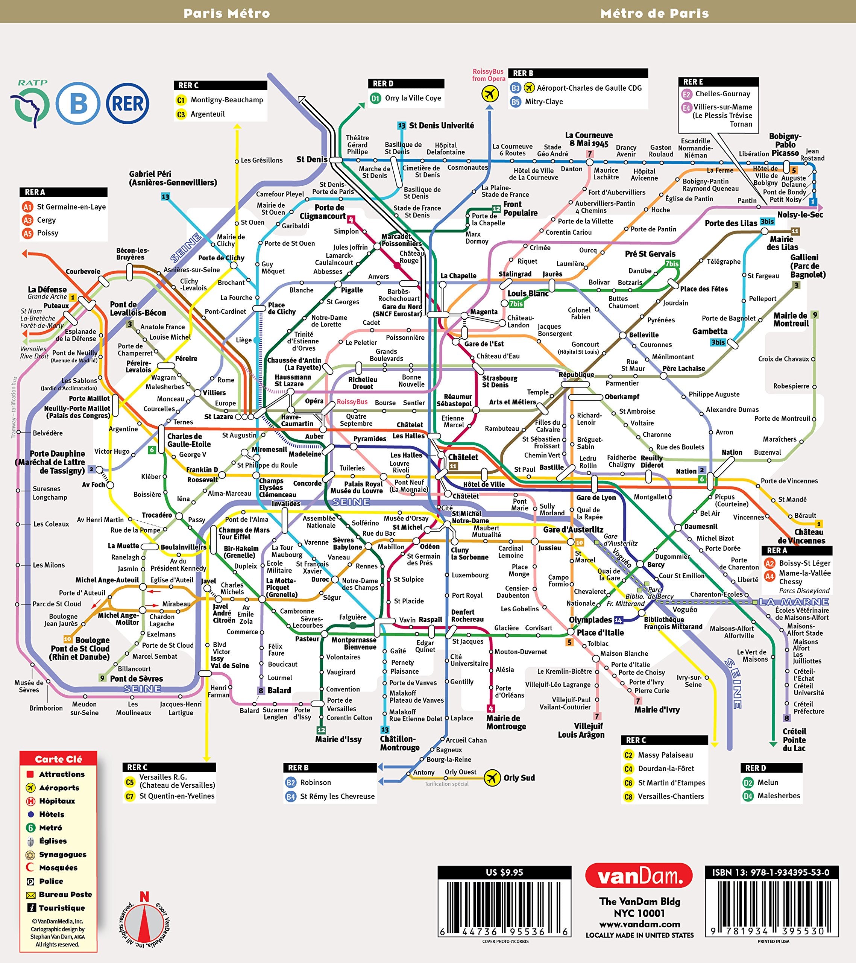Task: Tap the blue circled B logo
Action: coord(78,104)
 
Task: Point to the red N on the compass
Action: coord(144,896)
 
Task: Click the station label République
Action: coord(576,375)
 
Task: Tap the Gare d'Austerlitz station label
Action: coord(573,530)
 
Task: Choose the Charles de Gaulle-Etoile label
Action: coord(189,440)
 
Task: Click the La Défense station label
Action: coord(47,289)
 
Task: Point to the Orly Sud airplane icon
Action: coord(492,778)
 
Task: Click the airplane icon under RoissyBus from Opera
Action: coord(490,94)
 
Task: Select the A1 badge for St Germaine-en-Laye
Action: coord(28,207)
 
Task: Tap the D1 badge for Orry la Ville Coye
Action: coord(375,99)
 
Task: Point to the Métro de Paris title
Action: coord(654,13)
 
